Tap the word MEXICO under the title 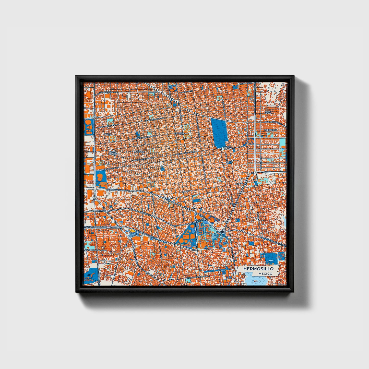(265, 273)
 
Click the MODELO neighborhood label (228, 148)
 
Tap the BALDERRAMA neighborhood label (181, 134)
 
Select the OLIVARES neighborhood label (139, 152)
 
